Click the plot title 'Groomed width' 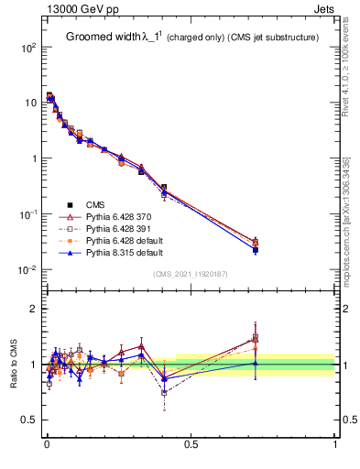point(102,38)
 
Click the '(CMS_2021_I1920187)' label point(191,274)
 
